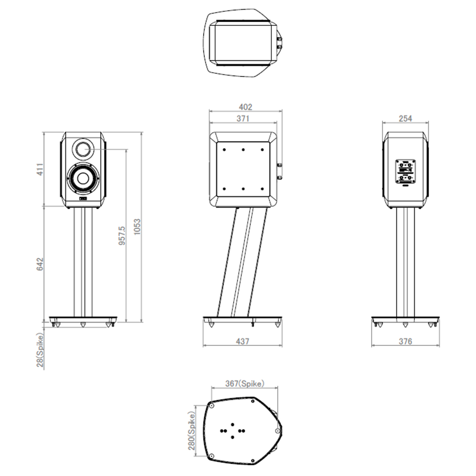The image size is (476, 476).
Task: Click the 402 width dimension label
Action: [x=245, y=107]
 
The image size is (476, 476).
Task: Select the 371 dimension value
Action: [x=243, y=118]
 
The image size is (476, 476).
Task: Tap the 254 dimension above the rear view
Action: [x=405, y=118]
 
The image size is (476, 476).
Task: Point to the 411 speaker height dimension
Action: [x=40, y=169]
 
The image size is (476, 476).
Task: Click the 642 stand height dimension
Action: [x=40, y=264]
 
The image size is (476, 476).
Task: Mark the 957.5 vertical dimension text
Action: [x=122, y=235]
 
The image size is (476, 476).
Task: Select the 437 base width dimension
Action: [x=243, y=341]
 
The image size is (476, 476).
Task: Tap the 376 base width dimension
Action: [x=405, y=341]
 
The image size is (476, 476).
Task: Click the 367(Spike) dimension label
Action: [x=245, y=384]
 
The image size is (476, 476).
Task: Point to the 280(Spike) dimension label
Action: [x=191, y=430]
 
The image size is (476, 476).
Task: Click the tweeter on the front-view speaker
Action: [x=83, y=149]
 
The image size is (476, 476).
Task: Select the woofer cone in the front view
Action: [x=83, y=178]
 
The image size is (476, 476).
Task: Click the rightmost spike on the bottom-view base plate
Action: [x=278, y=431]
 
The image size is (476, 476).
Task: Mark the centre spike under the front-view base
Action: [x=83, y=325]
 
